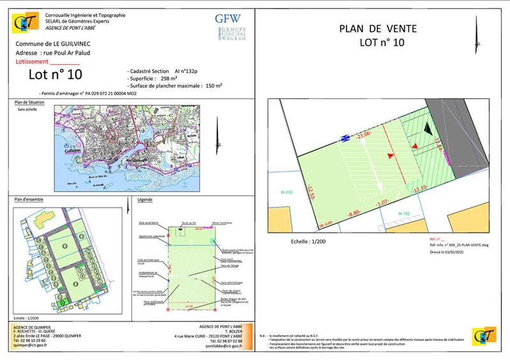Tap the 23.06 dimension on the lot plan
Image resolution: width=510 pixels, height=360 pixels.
click(x=364, y=135)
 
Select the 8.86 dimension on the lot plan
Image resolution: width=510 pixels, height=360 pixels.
click(x=355, y=215)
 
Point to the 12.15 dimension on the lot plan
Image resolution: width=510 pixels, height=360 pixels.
click(x=419, y=189)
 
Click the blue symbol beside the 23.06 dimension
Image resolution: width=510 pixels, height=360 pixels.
click(x=345, y=136)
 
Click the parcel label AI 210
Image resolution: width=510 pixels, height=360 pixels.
click(x=286, y=192)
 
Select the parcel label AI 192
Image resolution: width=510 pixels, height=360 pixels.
click(x=404, y=213)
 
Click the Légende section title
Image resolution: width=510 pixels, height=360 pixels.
click(x=146, y=200)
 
